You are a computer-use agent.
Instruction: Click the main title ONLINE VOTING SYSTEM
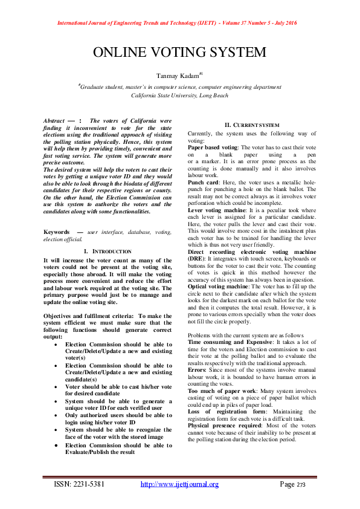pos(179,52)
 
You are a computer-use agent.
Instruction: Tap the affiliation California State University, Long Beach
pos(179,96)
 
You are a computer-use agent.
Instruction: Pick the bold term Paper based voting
pos(211,148)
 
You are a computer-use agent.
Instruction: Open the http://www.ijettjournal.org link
pos(179,484)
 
